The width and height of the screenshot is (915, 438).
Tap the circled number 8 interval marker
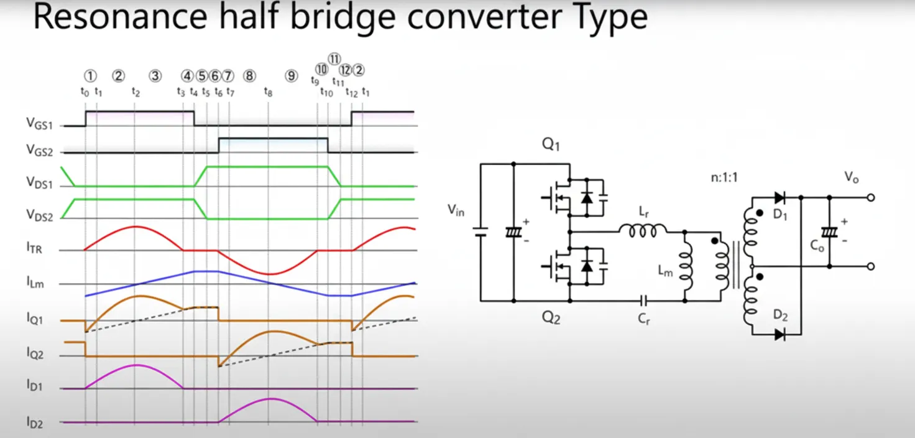(249, 76)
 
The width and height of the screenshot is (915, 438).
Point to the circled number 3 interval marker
(155, 76)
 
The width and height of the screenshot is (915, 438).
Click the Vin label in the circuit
(457, 210)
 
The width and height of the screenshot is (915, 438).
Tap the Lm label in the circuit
(664, 271)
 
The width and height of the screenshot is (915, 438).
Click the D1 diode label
(781, 217)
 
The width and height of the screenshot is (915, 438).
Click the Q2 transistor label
(551, 317)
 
